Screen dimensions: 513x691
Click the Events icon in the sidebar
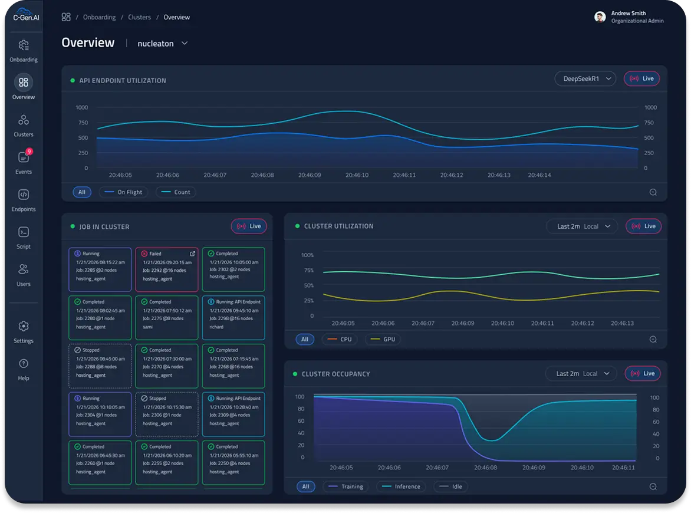pos(24,157)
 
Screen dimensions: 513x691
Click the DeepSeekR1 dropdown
pos(585,78)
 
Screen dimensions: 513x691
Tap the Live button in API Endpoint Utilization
pos(641,78)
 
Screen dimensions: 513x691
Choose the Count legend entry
pos(176,192)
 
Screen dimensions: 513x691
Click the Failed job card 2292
pos(167,269)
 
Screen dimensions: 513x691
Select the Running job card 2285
pos(100,269)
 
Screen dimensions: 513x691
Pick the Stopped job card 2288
pos(100,366)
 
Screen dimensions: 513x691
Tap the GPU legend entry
pos(383,340)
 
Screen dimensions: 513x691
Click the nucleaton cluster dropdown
pos(162,44)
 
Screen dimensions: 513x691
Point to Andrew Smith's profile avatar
pos(600,17)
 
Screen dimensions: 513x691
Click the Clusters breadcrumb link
pos(139,17)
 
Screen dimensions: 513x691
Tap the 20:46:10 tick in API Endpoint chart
pos(357,175)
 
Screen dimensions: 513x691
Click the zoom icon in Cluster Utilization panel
pos(653,340)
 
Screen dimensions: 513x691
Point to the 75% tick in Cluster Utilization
pos(308,271)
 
